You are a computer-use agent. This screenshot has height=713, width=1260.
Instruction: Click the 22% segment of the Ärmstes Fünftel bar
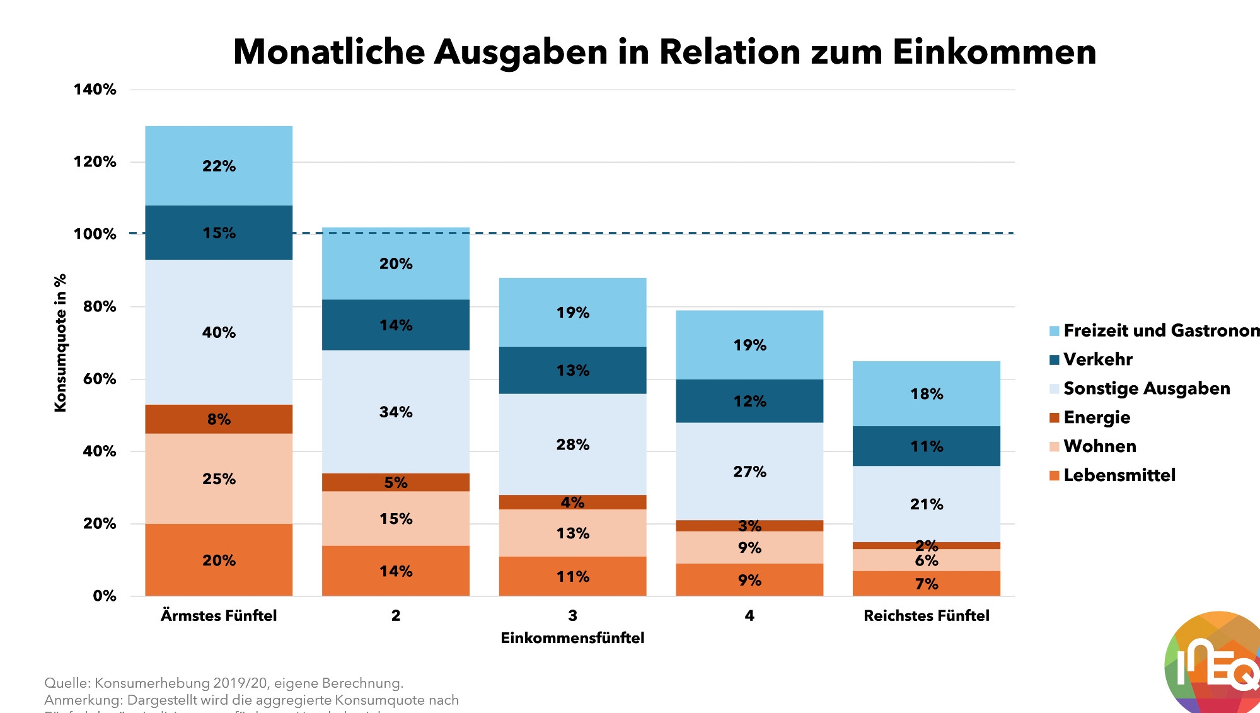point(219,166)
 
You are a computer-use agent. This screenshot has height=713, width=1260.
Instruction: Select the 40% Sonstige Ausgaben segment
point(219,332)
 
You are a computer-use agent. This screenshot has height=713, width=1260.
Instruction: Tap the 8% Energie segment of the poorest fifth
point(219,419)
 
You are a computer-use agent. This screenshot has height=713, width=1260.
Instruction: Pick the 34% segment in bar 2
point(396,412)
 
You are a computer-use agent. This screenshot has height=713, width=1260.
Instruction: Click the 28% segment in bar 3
point(572,444)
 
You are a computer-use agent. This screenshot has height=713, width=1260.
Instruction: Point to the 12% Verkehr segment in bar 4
point(749,401)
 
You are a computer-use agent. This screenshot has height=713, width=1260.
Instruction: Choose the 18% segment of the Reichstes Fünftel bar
point(927,394)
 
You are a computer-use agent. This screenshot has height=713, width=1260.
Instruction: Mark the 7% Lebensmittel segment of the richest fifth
point(927,584)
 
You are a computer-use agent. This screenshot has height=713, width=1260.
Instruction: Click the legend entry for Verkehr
point(1097,359)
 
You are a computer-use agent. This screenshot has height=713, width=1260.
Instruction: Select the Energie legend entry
point(1096,417)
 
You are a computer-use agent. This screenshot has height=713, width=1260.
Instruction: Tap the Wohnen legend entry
point(1099,446)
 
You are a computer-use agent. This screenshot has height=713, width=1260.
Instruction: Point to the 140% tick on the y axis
point(95,90)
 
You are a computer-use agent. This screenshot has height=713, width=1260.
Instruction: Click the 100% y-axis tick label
point(95,234)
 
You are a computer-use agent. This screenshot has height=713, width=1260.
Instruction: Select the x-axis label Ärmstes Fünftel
point(219,615)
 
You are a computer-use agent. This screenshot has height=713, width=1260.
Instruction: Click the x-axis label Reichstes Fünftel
point(927,615)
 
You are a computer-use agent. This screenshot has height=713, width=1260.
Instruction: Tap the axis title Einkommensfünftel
point(572,638)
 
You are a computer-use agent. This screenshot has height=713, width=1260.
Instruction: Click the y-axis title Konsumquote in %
point(61,343)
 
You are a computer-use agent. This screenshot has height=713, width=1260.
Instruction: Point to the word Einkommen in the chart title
point(994,52)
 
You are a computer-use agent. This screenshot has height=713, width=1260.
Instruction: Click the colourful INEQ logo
point(1213,665)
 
